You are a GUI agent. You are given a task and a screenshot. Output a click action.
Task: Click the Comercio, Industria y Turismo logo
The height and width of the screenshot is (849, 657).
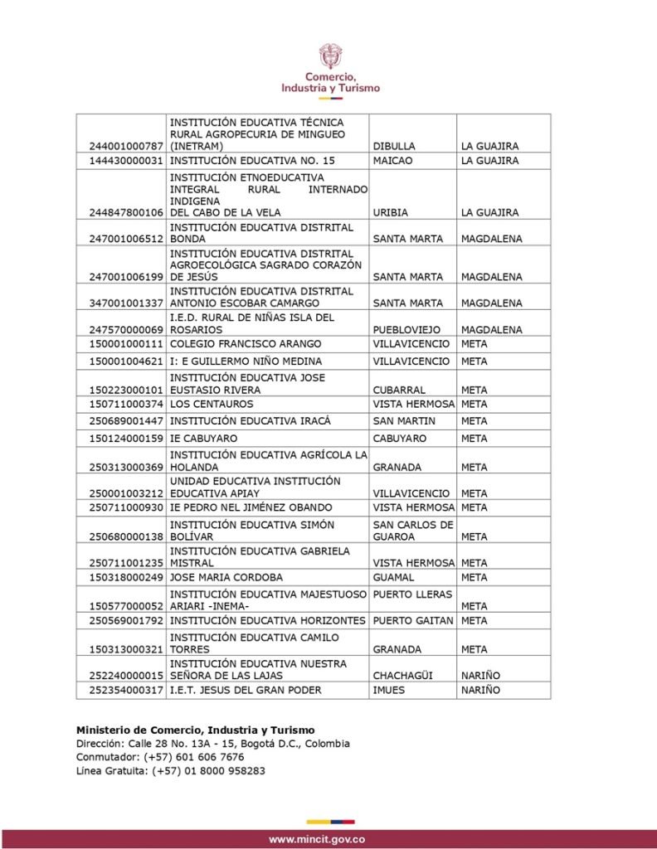[330, 70]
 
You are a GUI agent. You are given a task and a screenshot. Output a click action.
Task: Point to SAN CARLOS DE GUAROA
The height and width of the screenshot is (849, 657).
[412, 530]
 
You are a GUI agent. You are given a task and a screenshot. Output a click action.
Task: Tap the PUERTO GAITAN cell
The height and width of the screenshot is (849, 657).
[412, 620]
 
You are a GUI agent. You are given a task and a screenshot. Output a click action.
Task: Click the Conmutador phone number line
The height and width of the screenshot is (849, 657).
[160, 757]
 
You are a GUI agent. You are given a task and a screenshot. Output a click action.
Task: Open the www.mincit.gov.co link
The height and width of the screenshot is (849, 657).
[317, 839]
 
